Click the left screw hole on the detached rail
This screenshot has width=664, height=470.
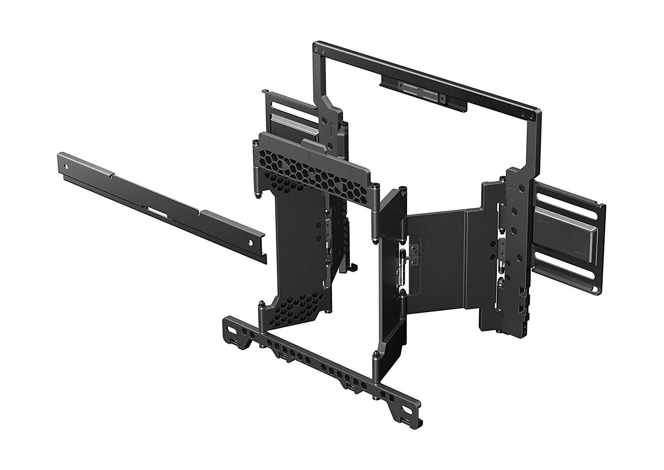[x=67, y=167]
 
